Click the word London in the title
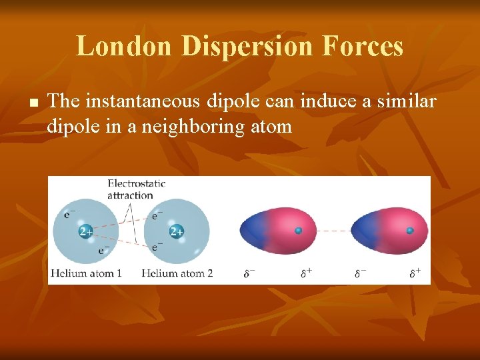124,46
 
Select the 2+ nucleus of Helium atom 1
85,231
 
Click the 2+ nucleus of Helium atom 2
177,231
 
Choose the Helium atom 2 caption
177,273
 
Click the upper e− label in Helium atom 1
69,215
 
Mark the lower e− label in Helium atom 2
157,247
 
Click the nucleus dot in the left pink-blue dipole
299,231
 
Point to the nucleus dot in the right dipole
410,231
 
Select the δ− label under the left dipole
249,273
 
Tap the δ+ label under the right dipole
415,273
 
